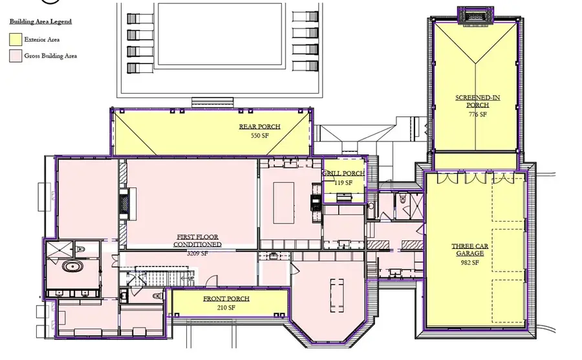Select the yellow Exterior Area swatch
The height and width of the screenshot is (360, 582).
pyautogui.click(x=15, y=39)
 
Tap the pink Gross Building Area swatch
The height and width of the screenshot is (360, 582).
pyautogui.click(x=15, y=56)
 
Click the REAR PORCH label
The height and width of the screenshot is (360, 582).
pyautogui.click(x=259, y=127)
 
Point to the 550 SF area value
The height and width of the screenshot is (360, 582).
pyautogui.click(x=259, y=136)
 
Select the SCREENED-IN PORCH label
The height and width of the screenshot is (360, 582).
pyautogui.click(x=477, y=101)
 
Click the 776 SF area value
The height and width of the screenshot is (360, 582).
pyautogui.click(x=477, y=114)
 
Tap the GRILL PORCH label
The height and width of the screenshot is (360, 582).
pyautogui.click(x=343, y=174)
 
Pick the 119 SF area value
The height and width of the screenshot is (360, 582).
pyautogui.click(x=343, y=183)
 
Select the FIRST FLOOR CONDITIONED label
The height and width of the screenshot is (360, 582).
pyautogui.click(x=197, y=241)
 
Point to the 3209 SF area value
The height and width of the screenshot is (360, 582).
pyautogui.click(x=197, y=253)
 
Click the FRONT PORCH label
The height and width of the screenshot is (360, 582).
pyautogui.click(x=226, y=299)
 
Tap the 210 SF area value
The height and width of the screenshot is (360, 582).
pyautogui.click(x=226, y=308)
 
